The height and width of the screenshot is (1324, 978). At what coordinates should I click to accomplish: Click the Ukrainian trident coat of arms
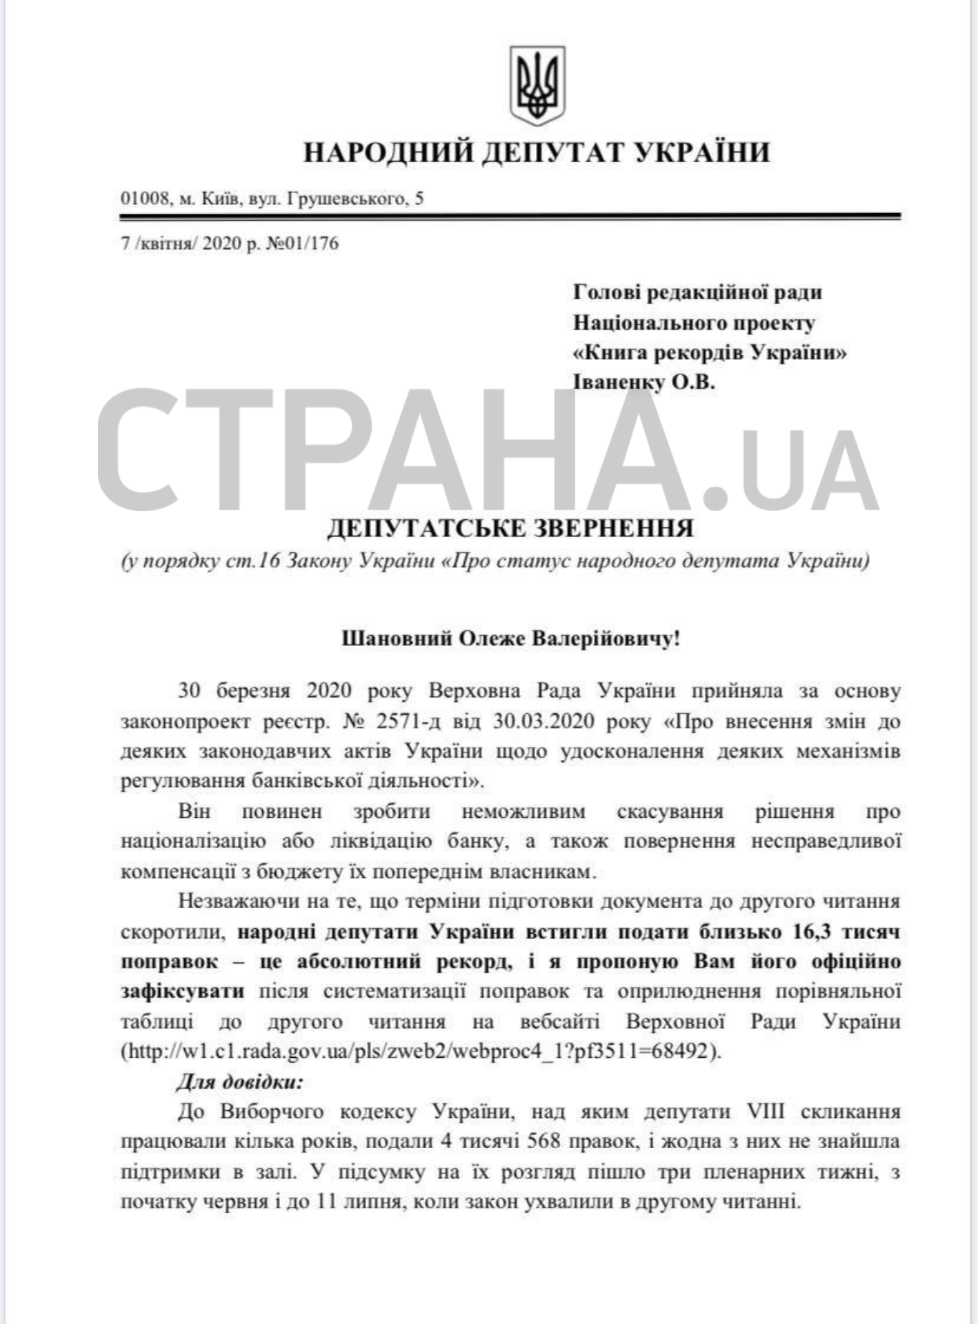point(537,86)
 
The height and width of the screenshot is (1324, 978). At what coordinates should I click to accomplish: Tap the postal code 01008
point(144,199)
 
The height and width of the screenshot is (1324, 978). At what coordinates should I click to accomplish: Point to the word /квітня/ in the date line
point(166,243)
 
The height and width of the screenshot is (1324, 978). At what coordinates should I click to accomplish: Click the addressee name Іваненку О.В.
point(643,382)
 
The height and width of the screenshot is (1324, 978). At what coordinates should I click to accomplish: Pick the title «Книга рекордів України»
point(710,352)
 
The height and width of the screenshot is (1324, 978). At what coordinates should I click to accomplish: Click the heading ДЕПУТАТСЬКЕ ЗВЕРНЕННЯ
point(510,528)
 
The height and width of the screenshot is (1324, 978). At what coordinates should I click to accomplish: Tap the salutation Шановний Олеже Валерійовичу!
point(510,639)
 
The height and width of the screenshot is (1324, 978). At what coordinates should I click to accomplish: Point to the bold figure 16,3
point(804,932)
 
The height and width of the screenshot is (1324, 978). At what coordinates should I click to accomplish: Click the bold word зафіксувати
point(183,992)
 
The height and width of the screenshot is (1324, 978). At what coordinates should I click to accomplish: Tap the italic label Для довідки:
point(239,1081)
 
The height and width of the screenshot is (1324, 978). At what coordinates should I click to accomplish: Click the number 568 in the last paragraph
point(543,1141)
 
